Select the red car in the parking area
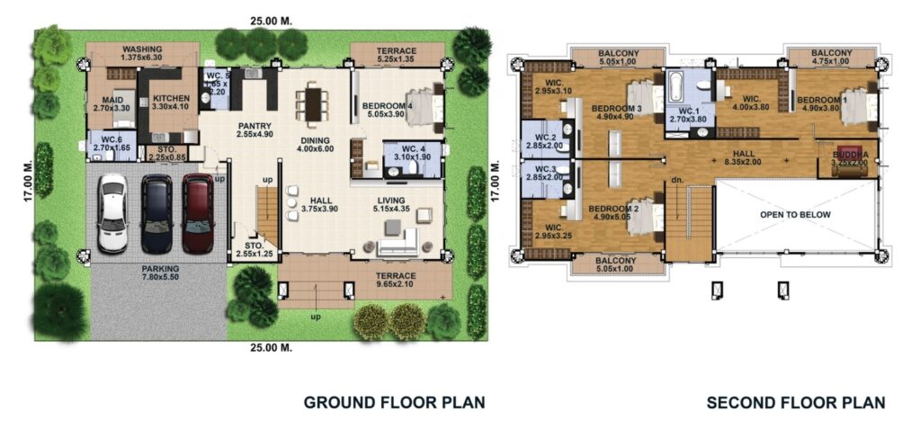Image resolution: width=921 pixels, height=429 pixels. (x=198, y=213)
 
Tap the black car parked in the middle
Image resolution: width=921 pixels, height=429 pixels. (x=156, y=213)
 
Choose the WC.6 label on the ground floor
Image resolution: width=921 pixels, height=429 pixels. (x=112, y=144)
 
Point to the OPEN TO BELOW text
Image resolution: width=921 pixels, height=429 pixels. (x=795, y=215)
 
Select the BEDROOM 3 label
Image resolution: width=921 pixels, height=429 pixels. (x=616, y=112)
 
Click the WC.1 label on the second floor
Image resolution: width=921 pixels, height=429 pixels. (x=690, y=114)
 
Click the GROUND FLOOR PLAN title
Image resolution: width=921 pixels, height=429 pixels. (x=394, y=402)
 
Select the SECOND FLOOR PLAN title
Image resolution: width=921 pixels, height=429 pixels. (x=795, y=402)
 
